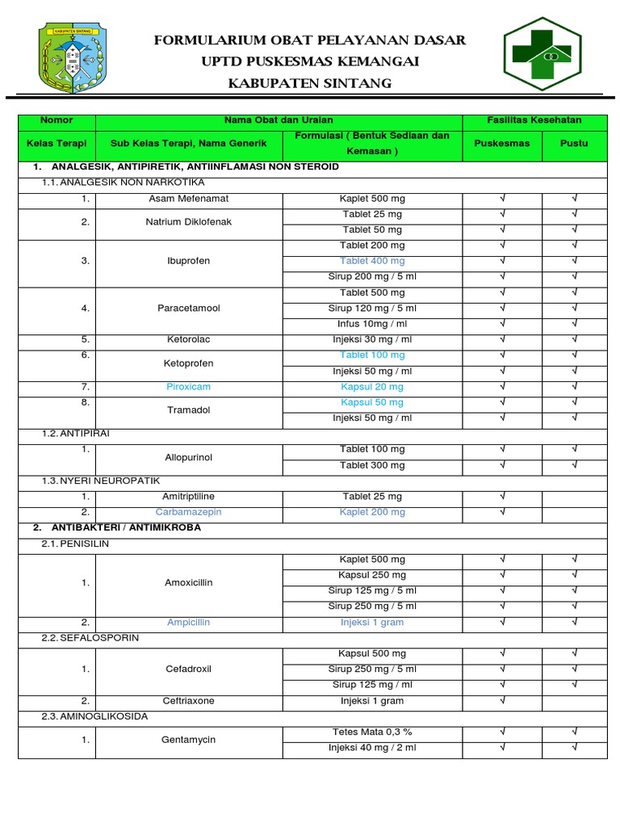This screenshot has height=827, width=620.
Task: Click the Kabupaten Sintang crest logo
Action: click(x=72, y=57)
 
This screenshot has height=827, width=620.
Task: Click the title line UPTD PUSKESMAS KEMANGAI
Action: click(x=310, y=62)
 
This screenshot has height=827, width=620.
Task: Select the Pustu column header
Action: click(x=574, y=143)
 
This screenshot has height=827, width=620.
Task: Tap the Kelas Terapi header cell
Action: click(x=57, y=143)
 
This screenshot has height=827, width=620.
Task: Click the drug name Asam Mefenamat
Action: click(x=189, y=199)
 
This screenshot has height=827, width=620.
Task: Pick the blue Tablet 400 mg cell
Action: click(x=372, y=261)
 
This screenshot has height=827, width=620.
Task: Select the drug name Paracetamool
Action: click(x=189, y=308)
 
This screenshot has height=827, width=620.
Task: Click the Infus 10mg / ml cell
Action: click(x=372, y=324)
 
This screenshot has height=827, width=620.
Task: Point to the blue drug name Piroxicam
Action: click(x=189, y=387)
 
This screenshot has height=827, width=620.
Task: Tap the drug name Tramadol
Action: click(x=189, y=410)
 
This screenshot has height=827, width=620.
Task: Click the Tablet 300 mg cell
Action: click(x=372, y=465)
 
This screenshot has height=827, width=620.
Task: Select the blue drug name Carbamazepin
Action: click(x=189, y=512)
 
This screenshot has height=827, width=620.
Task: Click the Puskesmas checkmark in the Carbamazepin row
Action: click(x=502, y=512)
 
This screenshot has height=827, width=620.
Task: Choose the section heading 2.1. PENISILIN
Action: click(x=75, y=544)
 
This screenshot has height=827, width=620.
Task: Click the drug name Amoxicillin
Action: click(x=189, y=582)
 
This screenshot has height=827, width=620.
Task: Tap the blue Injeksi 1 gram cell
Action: click(x=372, y=623)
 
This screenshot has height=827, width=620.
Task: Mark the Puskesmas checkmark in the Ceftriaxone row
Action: click(x=502, y=701)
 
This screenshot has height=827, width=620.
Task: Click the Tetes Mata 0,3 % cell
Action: click(x=372, y=732)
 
